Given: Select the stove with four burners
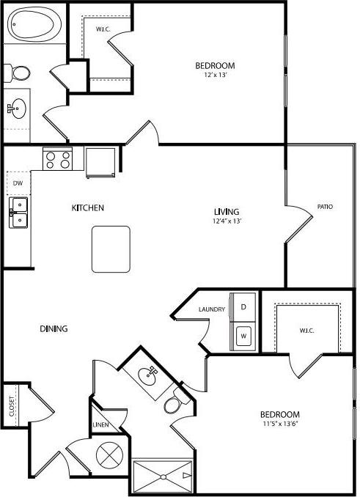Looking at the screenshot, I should point(58,159).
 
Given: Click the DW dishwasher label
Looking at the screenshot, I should point(18,184).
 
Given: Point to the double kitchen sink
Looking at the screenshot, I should point(18,212).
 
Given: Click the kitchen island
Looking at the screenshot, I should point(111,248).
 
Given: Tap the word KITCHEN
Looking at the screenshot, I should point(87,208).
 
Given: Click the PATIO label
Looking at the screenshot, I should point(325,207).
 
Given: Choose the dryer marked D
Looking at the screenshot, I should point(243,306).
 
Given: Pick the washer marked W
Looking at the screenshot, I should point(244,336).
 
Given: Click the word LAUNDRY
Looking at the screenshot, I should point(211,309).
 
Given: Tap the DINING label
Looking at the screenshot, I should point(54,329).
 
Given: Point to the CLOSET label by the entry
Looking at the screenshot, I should point(12,405).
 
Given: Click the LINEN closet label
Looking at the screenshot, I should point(100,425).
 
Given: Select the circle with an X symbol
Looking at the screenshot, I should point(108,455).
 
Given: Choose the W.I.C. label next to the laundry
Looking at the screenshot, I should point(306,331).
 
